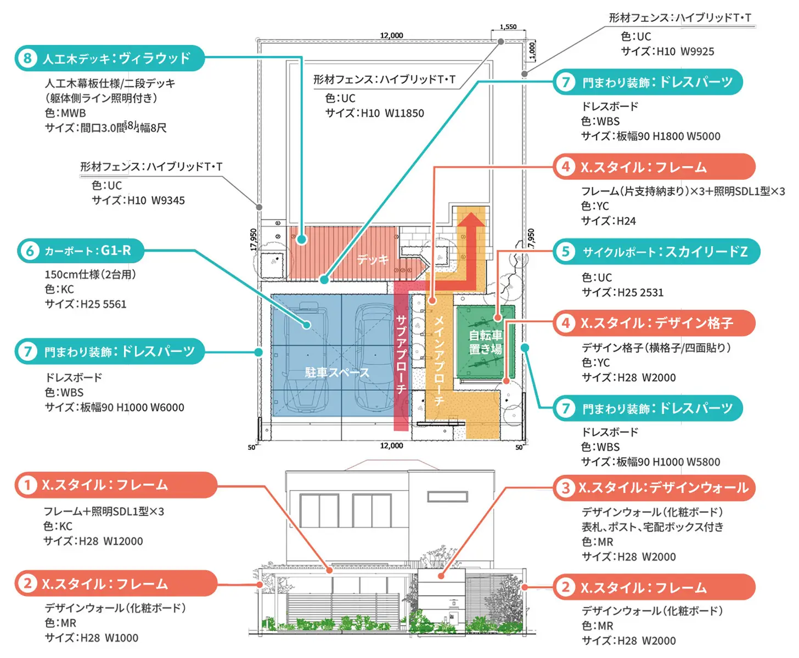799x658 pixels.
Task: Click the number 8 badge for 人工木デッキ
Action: [27, 58]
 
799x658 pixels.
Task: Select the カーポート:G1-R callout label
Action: [88, 251]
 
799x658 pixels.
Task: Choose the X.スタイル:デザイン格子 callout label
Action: [656, 323]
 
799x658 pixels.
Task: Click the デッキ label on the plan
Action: [373, 259]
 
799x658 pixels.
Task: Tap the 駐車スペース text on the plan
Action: [337, 373]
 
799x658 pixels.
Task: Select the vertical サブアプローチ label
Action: [401, 354]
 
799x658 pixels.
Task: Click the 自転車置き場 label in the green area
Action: [485, 342]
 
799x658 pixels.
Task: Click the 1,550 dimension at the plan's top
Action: [508, 27]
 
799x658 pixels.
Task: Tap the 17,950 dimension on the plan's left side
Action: [254, 240]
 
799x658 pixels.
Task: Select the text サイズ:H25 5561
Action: [86, 304]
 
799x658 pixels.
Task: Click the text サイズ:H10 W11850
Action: [374, 114]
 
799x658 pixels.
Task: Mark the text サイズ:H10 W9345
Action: [138, 200]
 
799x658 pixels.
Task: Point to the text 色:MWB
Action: [65, 113]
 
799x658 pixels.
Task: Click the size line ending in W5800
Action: [651, 462]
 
